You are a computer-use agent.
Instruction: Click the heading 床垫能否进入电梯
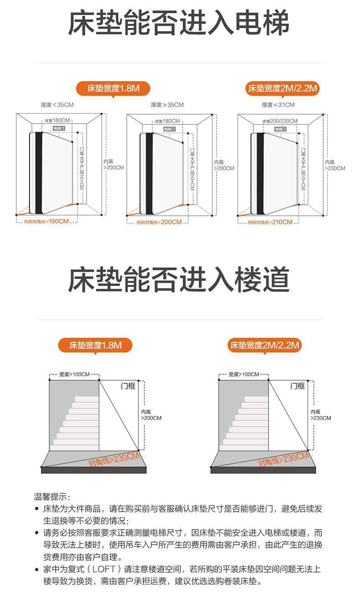pos(179,24)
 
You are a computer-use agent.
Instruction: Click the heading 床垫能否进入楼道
pos(179,280)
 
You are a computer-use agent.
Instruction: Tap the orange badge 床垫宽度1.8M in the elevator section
pos(113,88)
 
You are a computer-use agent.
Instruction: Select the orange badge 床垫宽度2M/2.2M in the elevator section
pos(282,88)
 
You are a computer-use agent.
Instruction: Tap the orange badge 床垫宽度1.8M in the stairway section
pos(96,345)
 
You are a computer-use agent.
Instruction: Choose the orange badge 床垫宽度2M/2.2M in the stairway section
pos(265,345)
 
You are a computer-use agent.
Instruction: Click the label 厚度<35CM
pos(57,105)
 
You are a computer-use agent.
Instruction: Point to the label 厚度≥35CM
pos(167,105)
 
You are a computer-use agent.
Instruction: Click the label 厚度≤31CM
pos(278,105)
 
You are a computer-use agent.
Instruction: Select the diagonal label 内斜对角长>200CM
pos(159,222)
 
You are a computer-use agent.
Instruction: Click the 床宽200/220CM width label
pos(280,121)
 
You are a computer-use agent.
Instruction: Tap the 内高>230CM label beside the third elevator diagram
pos(335,165)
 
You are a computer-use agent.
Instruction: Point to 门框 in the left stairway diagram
pos(129,386)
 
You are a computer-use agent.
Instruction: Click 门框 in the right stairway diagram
pos(298,386)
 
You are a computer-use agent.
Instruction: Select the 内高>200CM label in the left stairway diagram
pos(151,415)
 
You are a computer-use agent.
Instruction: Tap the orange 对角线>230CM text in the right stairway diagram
pos(283,459)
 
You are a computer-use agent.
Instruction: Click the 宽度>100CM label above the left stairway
pos(74,374)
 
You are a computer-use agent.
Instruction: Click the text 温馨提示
pos(52,496)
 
